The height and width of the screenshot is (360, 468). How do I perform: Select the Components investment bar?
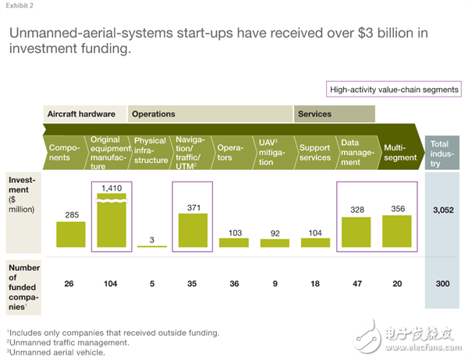pos(70,234)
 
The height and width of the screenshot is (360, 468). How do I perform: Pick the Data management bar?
pos(356,231)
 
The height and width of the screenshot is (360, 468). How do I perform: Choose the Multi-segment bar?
pos(396,231)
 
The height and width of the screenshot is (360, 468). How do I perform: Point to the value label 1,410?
pos(111,187)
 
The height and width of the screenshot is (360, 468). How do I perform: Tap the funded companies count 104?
pos(111,284)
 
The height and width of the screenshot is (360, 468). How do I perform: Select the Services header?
pos(314,114)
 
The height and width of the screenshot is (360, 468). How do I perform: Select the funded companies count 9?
pos(274,284)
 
